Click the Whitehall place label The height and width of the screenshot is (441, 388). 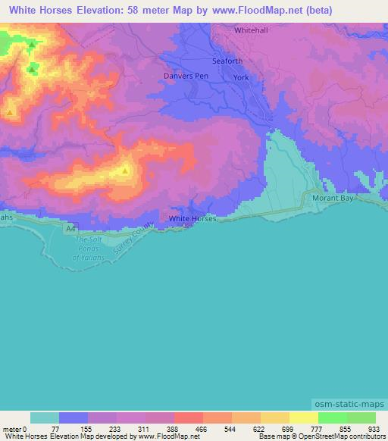[x=252, y=30]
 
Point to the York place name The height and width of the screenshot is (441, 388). [x=241, y=78]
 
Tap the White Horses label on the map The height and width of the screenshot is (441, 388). [x=192, y=218]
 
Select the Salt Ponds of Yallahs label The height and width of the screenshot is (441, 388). [x=92, y=249]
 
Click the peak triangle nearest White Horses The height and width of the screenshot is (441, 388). [x=124, y=170]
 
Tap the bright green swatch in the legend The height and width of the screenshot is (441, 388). [x=331, y=418]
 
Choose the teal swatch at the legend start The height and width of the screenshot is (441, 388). [x=44, y=418]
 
